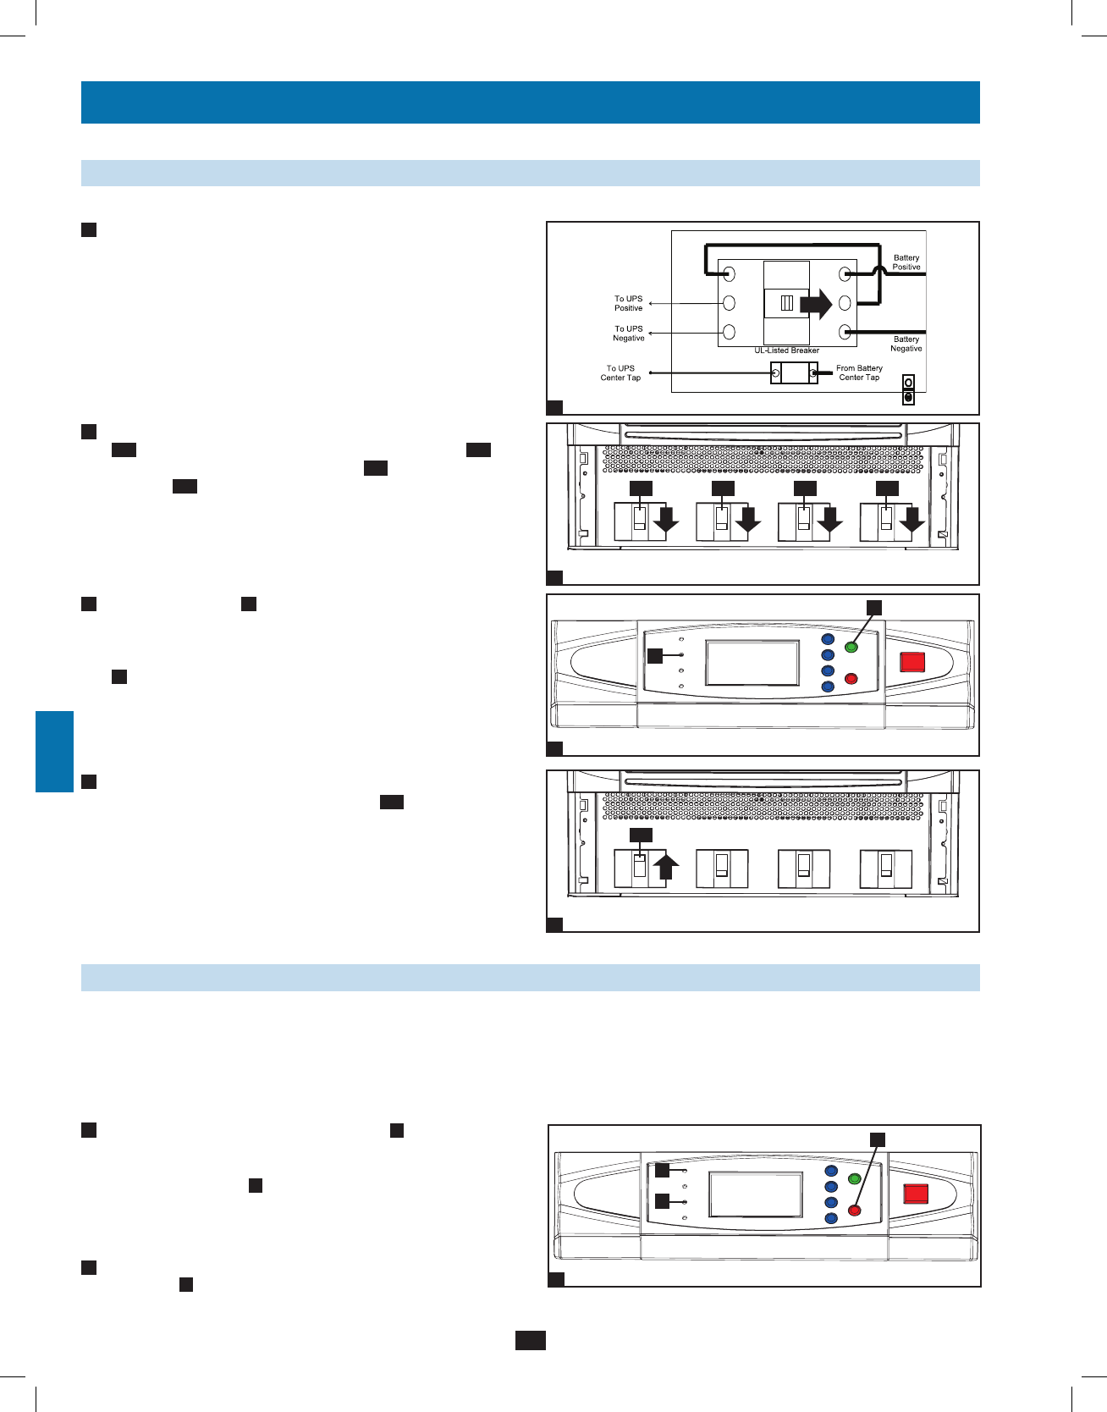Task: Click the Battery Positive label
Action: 906,262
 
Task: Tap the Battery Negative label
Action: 906,344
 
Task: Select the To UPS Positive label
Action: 628,303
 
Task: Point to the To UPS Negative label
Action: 628,334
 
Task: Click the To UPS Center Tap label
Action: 620,373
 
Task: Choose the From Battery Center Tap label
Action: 859,372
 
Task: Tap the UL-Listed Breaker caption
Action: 786,350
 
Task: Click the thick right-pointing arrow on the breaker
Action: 816,303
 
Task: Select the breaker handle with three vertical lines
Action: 786,303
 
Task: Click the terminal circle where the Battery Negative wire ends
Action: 845,332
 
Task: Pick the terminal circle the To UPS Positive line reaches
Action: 729,302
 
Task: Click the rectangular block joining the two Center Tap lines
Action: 794,372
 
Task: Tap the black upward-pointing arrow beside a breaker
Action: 667,868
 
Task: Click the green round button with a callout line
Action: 851,648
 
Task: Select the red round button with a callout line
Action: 854,1211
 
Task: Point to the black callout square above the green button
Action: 873,607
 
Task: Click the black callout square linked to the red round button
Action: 878,1139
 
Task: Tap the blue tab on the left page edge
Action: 54,751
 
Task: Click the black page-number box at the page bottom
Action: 531,1340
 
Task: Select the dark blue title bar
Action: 530,102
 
